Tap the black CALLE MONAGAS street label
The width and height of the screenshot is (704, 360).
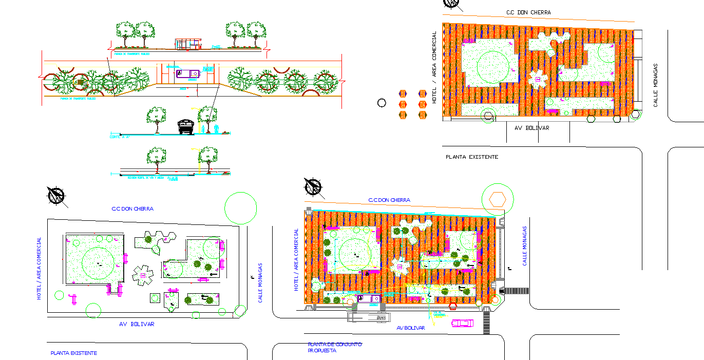pos(656,85)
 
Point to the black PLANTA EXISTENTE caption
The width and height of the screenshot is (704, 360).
pos(471,157)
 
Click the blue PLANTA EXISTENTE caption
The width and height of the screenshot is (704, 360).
pos(73,353)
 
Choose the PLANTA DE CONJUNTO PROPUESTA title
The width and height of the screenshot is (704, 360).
pos(334,347)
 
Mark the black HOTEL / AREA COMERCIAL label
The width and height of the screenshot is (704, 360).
pos(434,67)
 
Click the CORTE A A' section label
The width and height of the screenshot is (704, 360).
pos(120,137)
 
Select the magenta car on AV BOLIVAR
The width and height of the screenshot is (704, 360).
pos(462,323)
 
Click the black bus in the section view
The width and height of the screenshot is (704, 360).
pos(185,127)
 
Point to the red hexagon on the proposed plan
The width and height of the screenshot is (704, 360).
pos(453,307)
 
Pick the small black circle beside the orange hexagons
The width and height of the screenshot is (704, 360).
pos(382,103)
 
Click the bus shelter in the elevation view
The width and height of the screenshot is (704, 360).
pos(187,44)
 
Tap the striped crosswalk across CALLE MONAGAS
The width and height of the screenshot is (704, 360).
pos(516,291)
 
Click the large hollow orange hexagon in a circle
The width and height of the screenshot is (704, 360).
pos(497,199)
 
